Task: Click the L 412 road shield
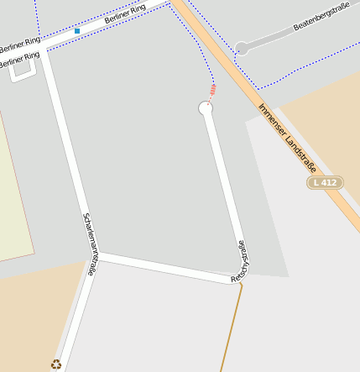pyautogui.click(x=325, y=182)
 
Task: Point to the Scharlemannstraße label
pyautogui.click(x=91, y=239)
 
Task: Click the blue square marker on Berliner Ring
pyautogui.click(x=77, y=31)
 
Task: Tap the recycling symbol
pyautogui.click(x=55, y=364)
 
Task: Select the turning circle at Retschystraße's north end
pyautogui.click(x=206, y=108)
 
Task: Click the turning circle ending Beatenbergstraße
pyautogui.click(x=241, y=49)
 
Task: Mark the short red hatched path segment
pyautogui.click(x=212, y=90)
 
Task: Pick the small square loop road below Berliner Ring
pyautogui.click(x=23, y=72)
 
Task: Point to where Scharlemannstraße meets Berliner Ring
pyautogui.click(x=44, y=49)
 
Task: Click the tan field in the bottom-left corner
pyautogui.click(x=29, y=319)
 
